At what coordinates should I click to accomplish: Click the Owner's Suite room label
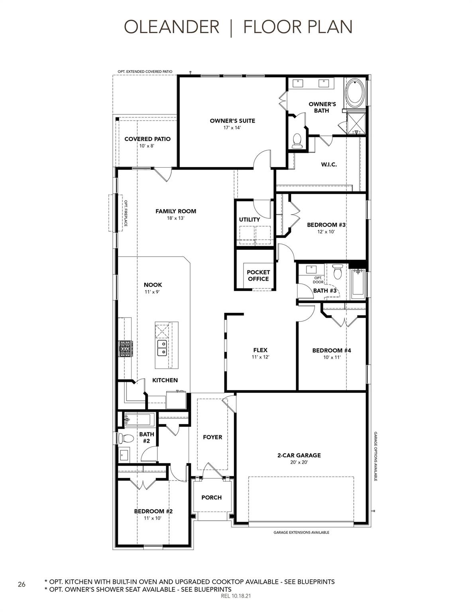(232, 121)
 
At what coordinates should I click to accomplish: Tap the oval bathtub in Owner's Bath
(354, 93)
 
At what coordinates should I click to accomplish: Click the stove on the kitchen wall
(125, 349)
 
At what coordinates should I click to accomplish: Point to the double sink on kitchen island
(162, 348)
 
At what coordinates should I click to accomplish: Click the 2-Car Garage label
(299, 455)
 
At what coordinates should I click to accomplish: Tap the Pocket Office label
(258, 275)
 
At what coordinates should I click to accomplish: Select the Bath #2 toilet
(127, 438)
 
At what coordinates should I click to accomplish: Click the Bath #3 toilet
(338, 272)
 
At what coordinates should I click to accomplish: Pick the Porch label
(211, 497)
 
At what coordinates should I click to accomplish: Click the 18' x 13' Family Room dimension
(176, 218)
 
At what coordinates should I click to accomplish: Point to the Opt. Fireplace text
(126, 213)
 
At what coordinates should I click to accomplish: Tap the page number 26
(22, 584)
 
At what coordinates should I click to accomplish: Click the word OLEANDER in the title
(171, 27)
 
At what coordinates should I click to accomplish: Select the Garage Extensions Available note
(301, 532)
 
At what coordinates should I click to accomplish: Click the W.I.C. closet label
(329, 164)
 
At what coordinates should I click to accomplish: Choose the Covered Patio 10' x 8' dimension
(147, 146)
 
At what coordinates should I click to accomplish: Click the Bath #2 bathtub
(139, 419)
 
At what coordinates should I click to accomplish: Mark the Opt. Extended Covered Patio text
(145, 72)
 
